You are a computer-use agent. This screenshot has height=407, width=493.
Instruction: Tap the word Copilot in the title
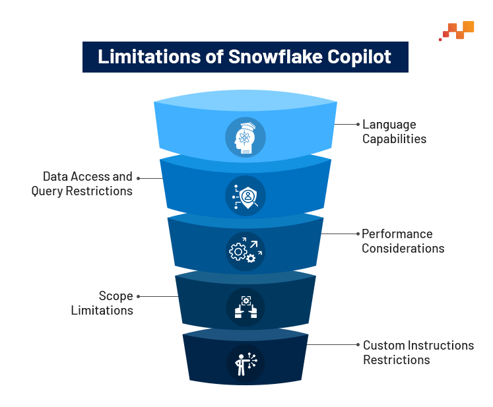(359, 57)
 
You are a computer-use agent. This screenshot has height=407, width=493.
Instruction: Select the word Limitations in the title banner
(149, 57)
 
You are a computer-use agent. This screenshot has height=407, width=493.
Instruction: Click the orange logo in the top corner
(457, 30)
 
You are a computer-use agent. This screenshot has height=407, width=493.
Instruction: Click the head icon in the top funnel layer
(246, 138)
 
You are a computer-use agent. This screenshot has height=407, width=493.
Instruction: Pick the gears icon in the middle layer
(246, 251)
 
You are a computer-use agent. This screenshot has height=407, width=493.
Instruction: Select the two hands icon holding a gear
(246, 307)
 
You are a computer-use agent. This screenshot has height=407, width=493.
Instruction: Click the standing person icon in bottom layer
(246, 363)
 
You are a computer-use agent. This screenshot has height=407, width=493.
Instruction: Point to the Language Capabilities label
(394, 132)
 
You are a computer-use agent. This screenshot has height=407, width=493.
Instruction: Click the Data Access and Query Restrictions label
(82, 184)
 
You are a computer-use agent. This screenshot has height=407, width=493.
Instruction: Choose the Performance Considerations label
(403, 241)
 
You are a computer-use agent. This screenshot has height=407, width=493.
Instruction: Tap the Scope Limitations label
(102, 303)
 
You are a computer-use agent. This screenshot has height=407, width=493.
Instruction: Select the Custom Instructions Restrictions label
(418, 352)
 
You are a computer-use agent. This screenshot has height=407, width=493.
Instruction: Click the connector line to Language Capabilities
(345, 125)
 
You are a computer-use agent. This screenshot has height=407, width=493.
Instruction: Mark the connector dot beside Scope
(139, 296)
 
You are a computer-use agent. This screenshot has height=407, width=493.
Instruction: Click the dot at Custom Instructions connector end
(358, 345)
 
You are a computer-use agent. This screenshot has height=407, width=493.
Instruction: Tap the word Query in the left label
(47, 191)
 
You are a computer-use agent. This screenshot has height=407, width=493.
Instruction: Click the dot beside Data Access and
(139, 178)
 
